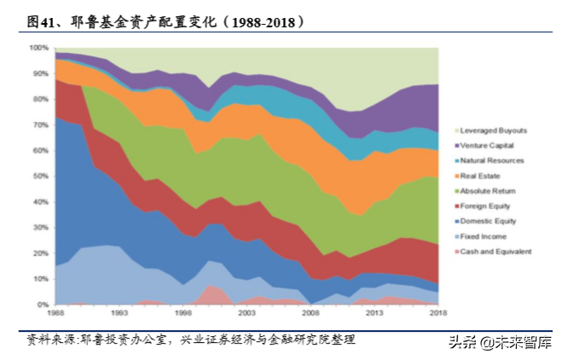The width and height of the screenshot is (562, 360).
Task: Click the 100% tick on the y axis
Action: click(40, 48)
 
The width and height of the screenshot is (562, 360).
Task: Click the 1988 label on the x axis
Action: click(55, 314)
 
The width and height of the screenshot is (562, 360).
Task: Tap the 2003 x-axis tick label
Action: click(246, 314)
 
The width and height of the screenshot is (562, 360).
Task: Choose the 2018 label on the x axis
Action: click(437, 314)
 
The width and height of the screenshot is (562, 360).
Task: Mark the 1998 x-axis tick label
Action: click(183, 314)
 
